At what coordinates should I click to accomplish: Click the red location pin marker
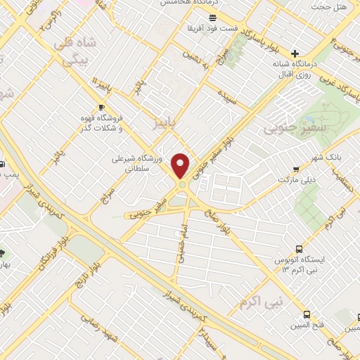point(181,166)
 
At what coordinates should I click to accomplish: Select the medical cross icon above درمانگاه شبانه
point(295,53)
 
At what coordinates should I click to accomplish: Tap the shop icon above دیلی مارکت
point(296,169)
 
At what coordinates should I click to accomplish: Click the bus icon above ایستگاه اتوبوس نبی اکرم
point(300,249)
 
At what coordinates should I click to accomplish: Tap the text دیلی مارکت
point(296,181)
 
